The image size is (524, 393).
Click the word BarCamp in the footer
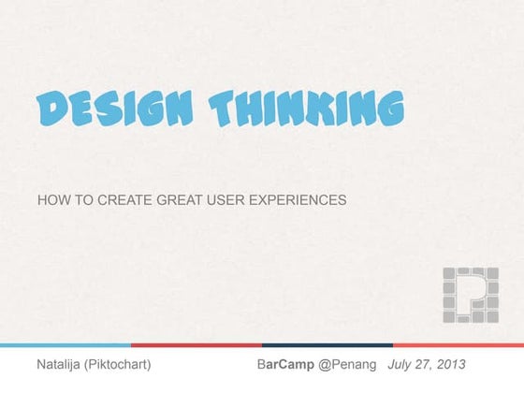tap(285, 363)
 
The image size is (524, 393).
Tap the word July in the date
tap(402, 363)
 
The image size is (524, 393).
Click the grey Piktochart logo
tap(471, 295)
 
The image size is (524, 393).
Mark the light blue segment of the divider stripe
tap(65, 344)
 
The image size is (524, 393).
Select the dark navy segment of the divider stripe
tap(327, 344)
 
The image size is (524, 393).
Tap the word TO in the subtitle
tap(80, 200)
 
